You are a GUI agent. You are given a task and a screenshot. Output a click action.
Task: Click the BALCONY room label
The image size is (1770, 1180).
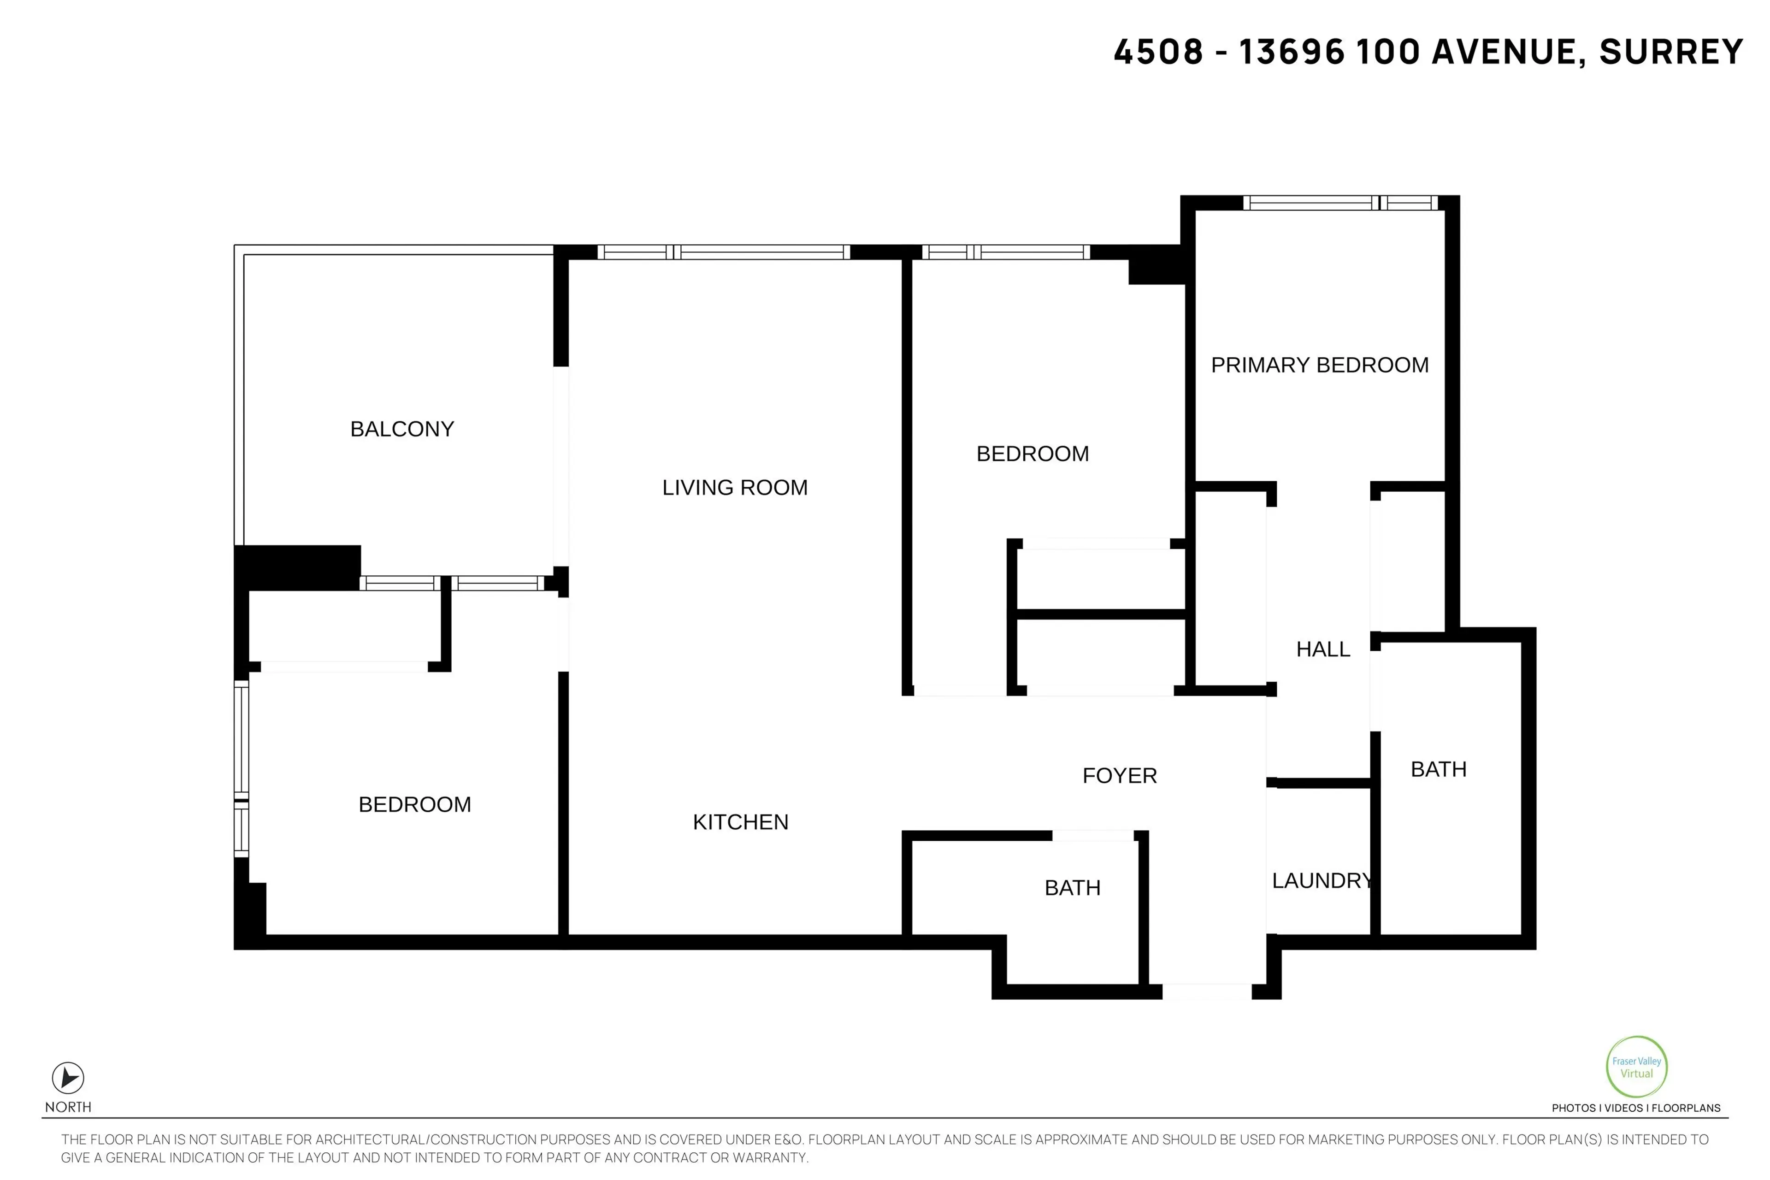click(x=402, y=429)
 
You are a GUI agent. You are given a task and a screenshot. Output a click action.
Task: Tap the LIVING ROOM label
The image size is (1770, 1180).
click(x=734, y=488)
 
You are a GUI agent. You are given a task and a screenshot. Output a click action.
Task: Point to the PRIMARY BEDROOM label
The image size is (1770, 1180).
click(x=1319, y=365)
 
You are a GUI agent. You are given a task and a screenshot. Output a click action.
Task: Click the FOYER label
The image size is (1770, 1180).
click(x=1119, y=775)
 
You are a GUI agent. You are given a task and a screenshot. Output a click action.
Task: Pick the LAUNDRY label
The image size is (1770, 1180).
click(x=1322, y=880)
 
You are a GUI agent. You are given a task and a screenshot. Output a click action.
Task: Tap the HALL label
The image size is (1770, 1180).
click(x=1322, y=649)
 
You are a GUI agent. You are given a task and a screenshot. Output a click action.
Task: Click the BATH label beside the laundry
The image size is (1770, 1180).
click(x=1438, y=769)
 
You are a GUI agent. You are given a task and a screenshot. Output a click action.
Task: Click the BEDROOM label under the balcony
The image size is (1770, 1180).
click(x=415, y=804)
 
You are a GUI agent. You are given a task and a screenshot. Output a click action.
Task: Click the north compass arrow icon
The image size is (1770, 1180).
click(x=68, y=1078)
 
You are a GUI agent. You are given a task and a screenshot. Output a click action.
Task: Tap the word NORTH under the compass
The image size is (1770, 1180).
click(x=68, y=1107)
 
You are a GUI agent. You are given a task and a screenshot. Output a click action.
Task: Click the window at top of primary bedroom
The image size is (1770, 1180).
click(x=1339, y=202)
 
